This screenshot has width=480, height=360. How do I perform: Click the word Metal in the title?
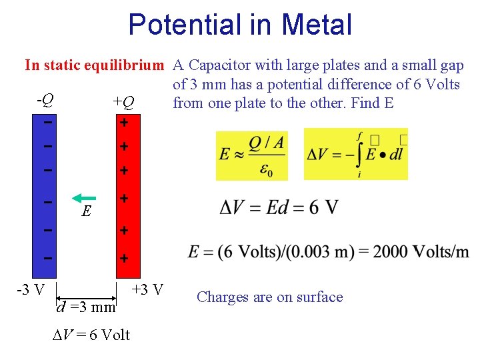pyautogui.click(x=317, y=25)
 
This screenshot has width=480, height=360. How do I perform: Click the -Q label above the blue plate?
pyautogui.click(x=45, y=101)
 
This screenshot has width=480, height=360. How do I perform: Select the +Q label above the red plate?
pyautogui.click(x=123, y=102)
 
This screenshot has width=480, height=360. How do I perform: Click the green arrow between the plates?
pyautogui.click(x=84, y=198)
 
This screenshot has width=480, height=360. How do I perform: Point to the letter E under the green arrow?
pyautogui.click(x=85, y=212)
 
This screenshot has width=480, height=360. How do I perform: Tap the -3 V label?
pyautogui.click(x=31, y=290)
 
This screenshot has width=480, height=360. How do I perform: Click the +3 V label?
pyautogui.click(x=147, y=290)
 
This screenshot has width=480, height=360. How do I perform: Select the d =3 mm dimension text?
pyautogui.click(x=87, y=307)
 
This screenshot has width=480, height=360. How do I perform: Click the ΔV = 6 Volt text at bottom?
pyautogui.click(x=91, y=335)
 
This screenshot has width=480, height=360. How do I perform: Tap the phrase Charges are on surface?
pyautogui.click(x=270, y=297)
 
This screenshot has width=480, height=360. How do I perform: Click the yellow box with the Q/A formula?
pyautogui.click(x=252, y=155)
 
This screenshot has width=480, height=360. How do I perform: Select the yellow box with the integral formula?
pyautogui.click(x=355, y=154)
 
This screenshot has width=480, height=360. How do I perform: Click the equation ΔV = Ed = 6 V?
pyautogui.click(x=278, y=208)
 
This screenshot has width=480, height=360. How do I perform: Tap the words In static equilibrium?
pyautogui.click(x=94, y=65)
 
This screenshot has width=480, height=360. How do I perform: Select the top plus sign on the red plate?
pyautogui.click(x=123, y=123)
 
